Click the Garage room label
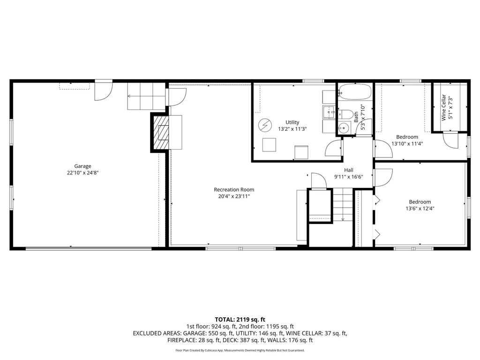(x=82, y=166)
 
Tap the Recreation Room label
(x=234, y=189)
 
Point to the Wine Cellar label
(x=443, y=108)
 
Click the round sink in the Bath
(x=344, y=128)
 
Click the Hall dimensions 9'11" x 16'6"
(x=348, y=177)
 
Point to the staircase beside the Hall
(x=343, y=204)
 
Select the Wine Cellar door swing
(x=450, y=140)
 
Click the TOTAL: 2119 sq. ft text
(x=240, y=319)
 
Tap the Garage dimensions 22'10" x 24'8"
(x=82, y=172)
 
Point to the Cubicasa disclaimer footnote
(x=240, y=350)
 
